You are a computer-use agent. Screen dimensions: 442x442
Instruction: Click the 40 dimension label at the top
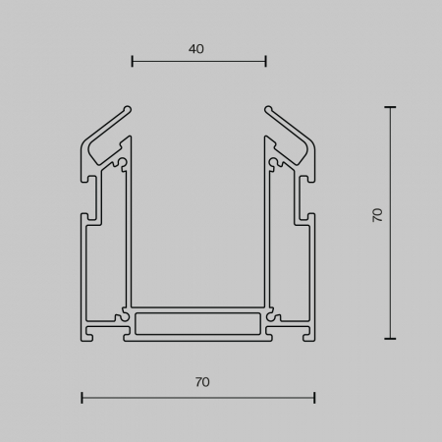196,49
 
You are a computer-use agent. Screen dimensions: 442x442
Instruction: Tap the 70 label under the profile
202,382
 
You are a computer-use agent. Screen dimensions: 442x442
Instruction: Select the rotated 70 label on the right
377,215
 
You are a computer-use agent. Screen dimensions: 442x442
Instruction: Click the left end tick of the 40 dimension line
133,61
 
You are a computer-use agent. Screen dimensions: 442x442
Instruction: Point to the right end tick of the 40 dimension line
266,61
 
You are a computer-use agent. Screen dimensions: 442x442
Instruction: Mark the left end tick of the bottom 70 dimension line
82,398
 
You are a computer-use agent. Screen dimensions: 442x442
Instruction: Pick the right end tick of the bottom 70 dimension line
314,398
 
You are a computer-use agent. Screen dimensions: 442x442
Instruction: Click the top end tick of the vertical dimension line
390,107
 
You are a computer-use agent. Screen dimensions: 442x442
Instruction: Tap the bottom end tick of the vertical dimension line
390,339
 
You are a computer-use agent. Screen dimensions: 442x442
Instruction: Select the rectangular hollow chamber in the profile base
198,324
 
